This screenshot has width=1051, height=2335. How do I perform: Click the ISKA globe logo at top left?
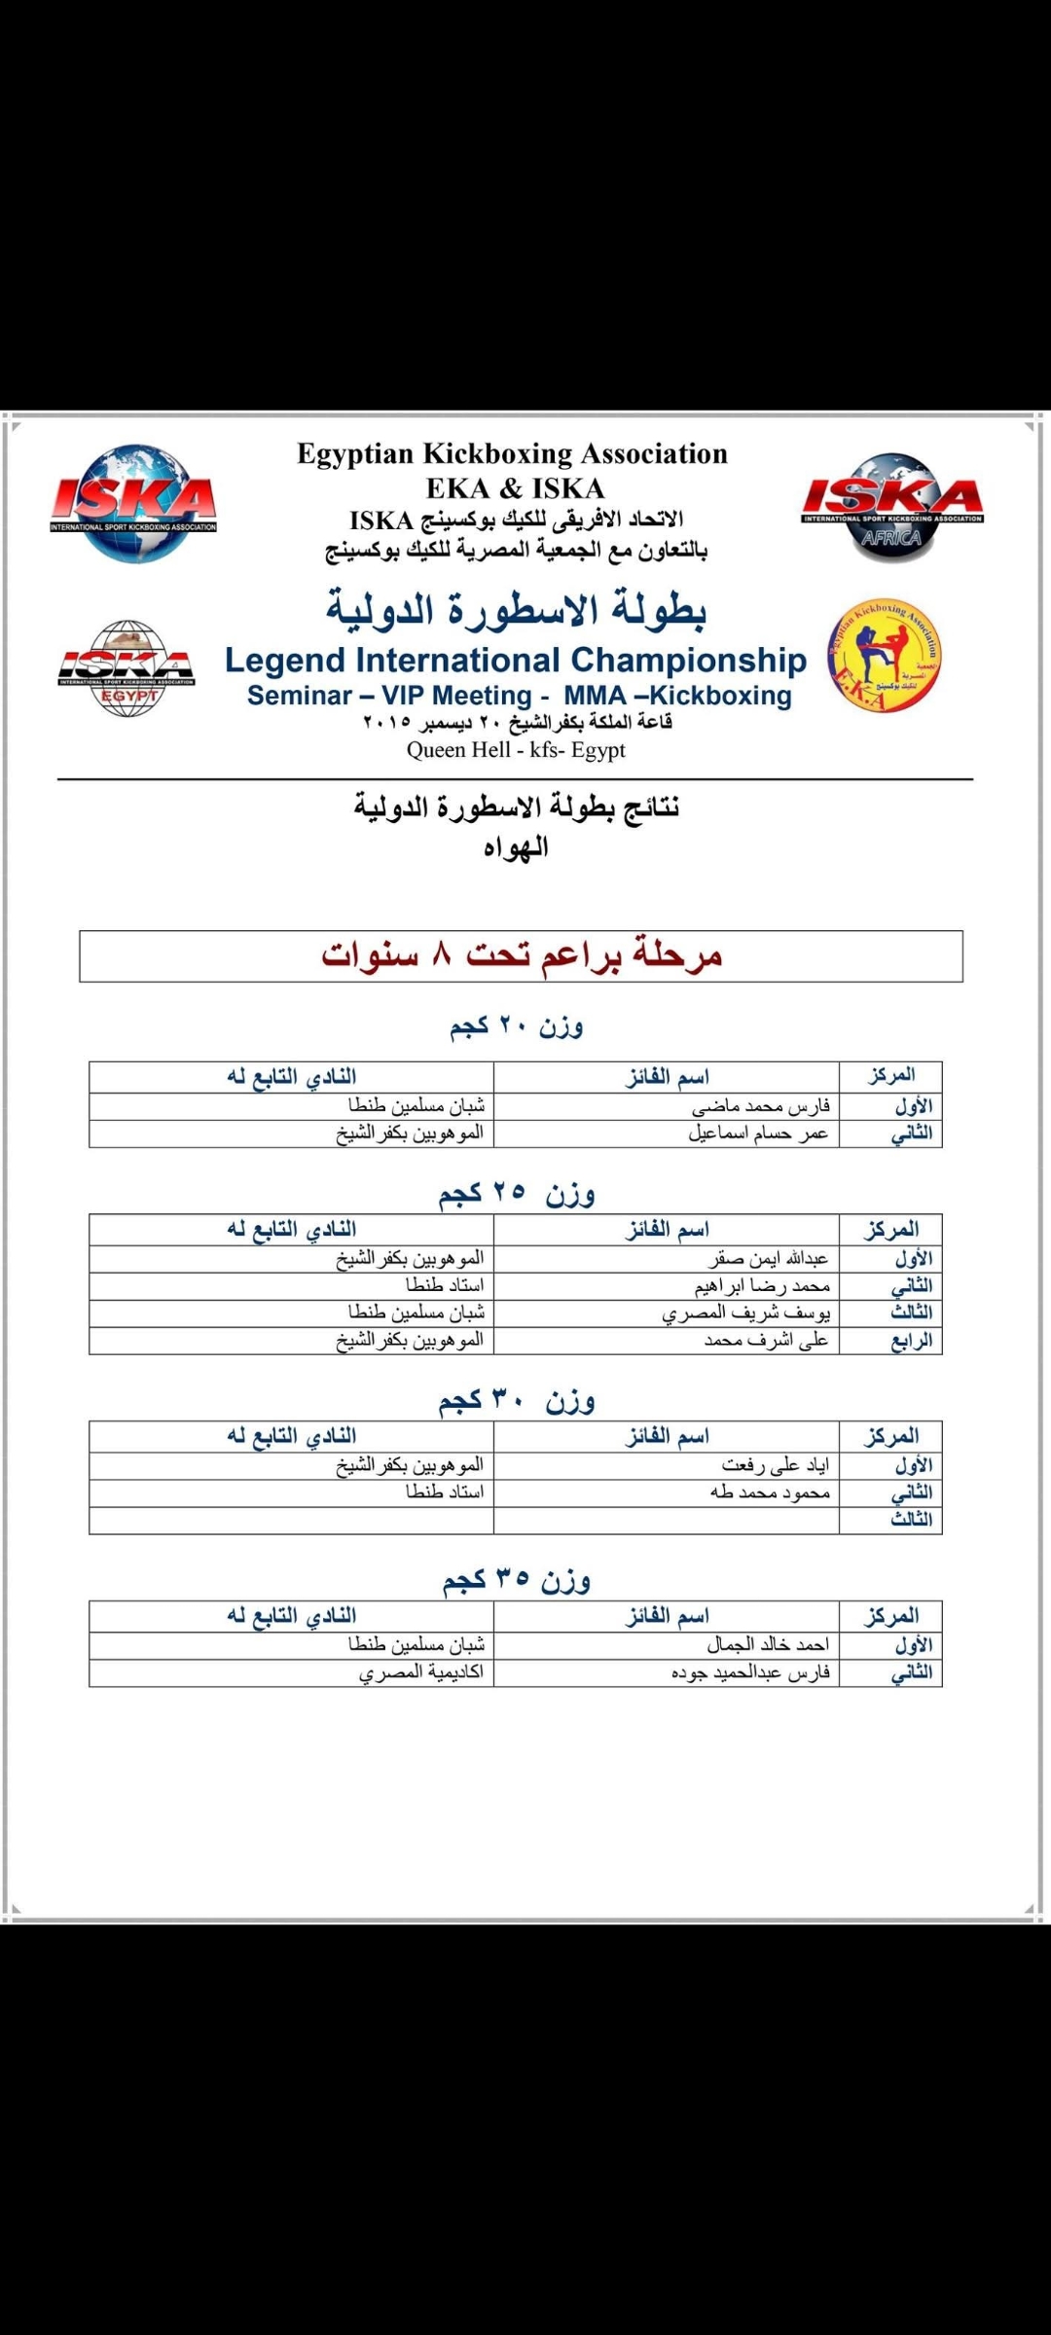[134, 503]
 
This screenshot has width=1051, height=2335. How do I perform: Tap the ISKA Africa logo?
[891, 507]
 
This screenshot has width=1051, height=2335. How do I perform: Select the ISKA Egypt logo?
[126, 668]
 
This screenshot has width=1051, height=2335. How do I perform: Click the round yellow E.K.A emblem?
[885, 655]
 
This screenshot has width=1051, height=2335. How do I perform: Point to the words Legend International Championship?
[515, 660]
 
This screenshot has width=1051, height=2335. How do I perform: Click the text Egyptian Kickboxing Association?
[512, 454]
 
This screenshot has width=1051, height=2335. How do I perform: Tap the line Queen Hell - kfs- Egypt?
[516, 750]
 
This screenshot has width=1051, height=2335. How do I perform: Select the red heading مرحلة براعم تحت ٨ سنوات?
[522, 955]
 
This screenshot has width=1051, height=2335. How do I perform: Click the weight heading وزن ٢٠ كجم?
[516, 1026]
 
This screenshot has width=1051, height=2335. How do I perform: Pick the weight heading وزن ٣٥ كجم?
[516, 1581]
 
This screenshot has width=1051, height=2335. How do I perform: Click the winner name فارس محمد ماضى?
[760, 1106]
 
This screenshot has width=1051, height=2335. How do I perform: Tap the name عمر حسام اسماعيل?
[758, 1133]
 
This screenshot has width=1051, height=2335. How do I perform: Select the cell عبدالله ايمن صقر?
[768, 1259]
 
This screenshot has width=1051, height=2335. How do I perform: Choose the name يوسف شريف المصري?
[745, 1313]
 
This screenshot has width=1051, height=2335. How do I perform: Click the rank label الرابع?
[912, 1341]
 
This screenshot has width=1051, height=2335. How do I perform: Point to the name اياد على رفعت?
[775, 1465]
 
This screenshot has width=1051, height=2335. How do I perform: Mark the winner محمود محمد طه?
[770, 1492]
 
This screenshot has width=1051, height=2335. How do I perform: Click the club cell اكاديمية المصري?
[420, 1672]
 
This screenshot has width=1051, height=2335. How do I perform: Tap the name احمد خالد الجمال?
[768, 1645]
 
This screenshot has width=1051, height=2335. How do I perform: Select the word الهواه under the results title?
[516, 847]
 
